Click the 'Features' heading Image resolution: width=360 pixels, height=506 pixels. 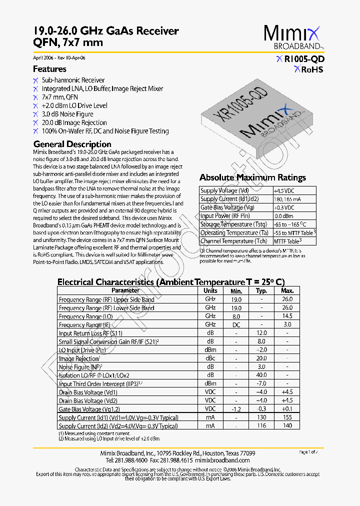click(49, 69)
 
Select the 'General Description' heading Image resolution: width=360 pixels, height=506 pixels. click(72, 144)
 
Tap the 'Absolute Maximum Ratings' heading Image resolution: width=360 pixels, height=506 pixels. click(252, 177)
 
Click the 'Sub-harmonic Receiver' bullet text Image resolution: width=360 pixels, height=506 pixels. click(73, 80)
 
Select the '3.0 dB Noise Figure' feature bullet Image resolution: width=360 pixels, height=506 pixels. click(67, 114)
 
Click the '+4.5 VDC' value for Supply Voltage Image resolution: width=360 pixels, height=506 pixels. click(284, 190)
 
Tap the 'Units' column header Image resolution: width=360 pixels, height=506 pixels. click(210, 290)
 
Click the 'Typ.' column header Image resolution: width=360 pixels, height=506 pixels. click(261, 290)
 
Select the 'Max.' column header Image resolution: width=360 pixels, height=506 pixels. click(287, 290)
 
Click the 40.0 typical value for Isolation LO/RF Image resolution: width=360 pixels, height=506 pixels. click(261, 375)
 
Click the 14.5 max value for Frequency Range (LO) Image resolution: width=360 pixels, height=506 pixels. click(287, 316)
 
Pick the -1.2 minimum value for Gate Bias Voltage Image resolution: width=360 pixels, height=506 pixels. click(236, 409)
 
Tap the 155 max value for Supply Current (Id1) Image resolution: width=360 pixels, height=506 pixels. click(287, 417)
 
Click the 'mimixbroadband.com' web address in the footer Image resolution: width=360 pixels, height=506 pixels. click(222, 460)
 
